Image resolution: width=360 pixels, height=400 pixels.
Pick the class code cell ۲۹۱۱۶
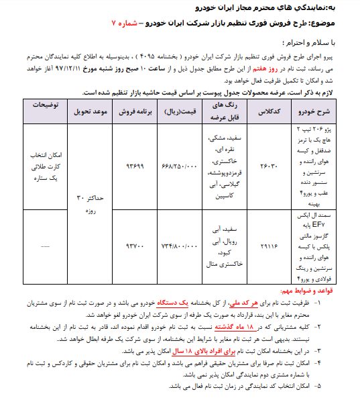tap(266, 248)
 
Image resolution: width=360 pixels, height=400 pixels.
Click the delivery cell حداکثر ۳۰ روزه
tap(87, 204)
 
